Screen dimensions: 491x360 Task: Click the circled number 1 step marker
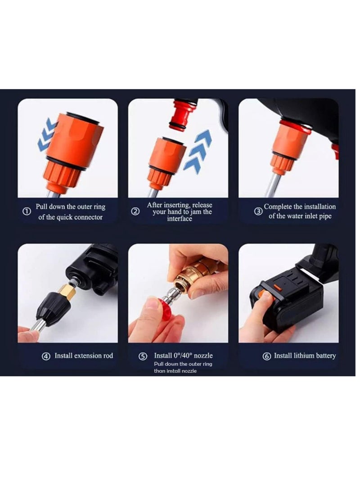27,212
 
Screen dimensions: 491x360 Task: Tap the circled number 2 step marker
135,212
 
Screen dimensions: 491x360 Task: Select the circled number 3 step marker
258,212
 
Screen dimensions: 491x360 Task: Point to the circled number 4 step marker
46,356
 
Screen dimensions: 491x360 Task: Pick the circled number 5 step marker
143,356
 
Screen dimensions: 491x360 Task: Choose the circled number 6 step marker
266,356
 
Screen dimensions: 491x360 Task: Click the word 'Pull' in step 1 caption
44,207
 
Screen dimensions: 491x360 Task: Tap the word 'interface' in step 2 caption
180,219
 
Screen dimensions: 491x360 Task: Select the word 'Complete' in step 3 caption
278,207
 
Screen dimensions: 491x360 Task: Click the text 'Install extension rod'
84,356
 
